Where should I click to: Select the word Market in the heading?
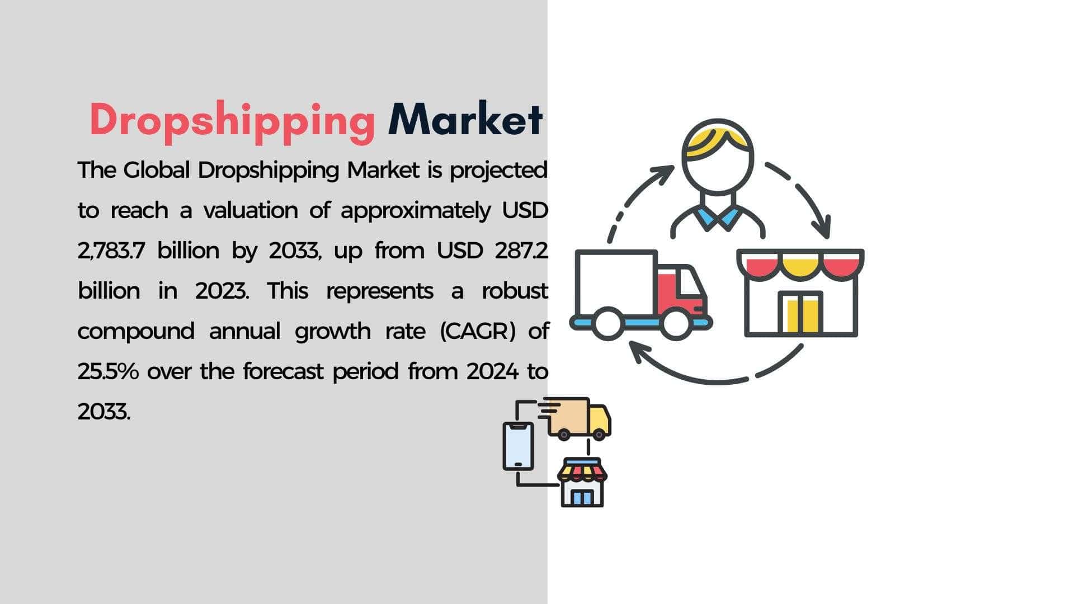(x=465, y=119)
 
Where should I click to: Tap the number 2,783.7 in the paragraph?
(x=112, y=251)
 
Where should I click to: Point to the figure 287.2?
(x=521, y=251)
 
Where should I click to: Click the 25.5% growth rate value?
(x=108, y=371)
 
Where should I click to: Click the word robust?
(x=515, y=291)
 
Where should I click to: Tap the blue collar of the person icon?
(x=717, y=219)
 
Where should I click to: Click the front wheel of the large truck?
(x=675, y=324)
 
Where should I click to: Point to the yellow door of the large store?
(x=802, y=315)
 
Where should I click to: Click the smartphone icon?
(x=518, y=446)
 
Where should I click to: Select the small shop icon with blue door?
(x=582, y=483)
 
